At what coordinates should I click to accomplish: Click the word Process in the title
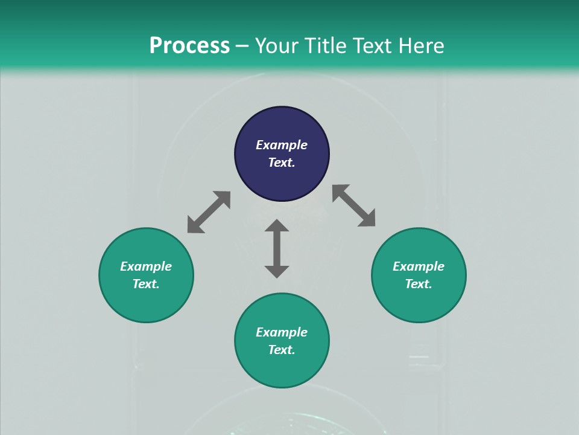[189, 46]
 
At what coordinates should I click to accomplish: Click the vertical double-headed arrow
[277, 248]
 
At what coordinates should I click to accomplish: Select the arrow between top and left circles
[209, 212]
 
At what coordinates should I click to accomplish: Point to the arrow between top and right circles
[354, 205]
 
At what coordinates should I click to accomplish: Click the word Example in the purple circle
[282, 145]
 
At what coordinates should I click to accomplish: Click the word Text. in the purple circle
[282, 163]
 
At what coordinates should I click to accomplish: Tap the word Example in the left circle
[146, 266]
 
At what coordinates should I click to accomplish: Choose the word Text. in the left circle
[146, 284]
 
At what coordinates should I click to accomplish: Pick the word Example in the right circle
[419, 266]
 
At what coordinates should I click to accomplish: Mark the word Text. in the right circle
[419, 284]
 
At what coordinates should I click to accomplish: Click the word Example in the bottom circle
[282, 332]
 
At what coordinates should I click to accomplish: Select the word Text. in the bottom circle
[282, 350]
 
